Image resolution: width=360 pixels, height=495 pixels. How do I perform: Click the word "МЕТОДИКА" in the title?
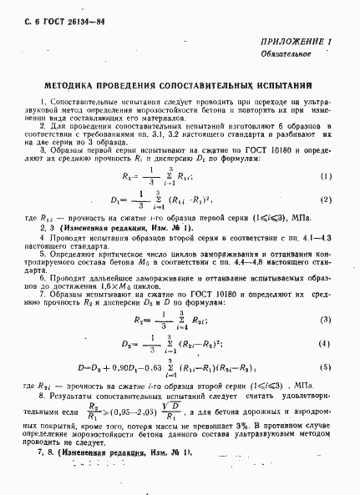click(73, 84)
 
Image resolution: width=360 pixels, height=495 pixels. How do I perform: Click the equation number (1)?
click(327, 176)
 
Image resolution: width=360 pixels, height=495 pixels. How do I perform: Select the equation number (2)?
click(327, 200)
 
